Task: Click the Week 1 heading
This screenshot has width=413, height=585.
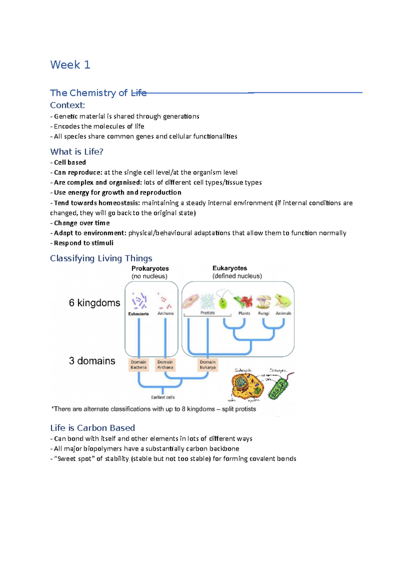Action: point(70,65)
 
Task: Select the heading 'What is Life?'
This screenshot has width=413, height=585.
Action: point(76,152)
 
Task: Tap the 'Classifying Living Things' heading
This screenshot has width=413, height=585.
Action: point(101,258)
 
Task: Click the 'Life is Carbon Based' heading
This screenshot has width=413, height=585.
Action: point(92,428)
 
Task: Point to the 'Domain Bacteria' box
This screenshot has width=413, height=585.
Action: point(138,365)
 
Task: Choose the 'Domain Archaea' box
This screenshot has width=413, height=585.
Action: point(165,365)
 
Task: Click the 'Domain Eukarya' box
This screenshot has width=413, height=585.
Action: point(208,365)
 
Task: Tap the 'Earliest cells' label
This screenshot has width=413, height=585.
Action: point(163,397)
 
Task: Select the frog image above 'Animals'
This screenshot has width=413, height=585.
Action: point(283,301)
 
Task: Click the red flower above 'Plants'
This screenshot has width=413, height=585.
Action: point(244,301)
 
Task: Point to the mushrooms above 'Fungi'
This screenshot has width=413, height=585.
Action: point(264,301)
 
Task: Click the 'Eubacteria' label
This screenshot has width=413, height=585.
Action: point(138,314)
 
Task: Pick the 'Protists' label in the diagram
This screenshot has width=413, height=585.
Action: point(208,313)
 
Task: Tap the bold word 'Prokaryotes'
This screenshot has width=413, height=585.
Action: point(150,268)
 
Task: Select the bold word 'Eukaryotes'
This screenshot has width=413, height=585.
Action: point(230,268)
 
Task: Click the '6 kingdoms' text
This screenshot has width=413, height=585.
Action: point(94,303)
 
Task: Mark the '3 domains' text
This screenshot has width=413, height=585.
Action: point(92,361)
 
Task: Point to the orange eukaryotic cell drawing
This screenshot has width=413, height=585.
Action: point(247,386)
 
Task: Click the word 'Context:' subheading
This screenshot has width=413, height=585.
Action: point(67,105)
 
